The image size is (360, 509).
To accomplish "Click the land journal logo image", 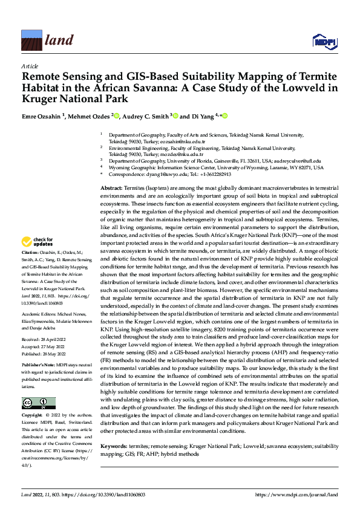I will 31,41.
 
